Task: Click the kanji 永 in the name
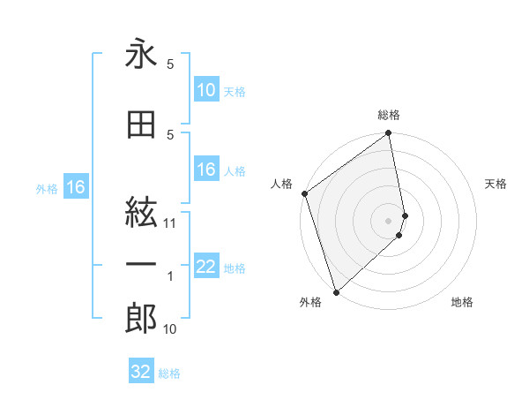[x=141, y=55]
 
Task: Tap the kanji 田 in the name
[x=141, y=125]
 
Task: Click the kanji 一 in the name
[x=141, y=265]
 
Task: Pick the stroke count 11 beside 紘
[x=170, y=223]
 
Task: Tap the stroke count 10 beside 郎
[x=170, y=329]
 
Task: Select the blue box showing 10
[x=206, y=90]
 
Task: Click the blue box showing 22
[x=206, y=267]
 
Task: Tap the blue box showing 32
[x=141, y=372]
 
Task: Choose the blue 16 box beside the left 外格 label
[x=76, y=187]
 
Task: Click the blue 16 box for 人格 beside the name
[x=206, y=170]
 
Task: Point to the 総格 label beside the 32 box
[x=170, y=373]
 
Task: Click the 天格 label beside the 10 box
[x=235, y=91]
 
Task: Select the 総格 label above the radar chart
[x=389, y=115]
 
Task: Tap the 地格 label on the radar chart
[x=462, y=302]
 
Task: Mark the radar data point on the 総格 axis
[x=389, y=134]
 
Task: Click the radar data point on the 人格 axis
[x=304, y=193]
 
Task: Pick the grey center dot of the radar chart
[x=389, y=220]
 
